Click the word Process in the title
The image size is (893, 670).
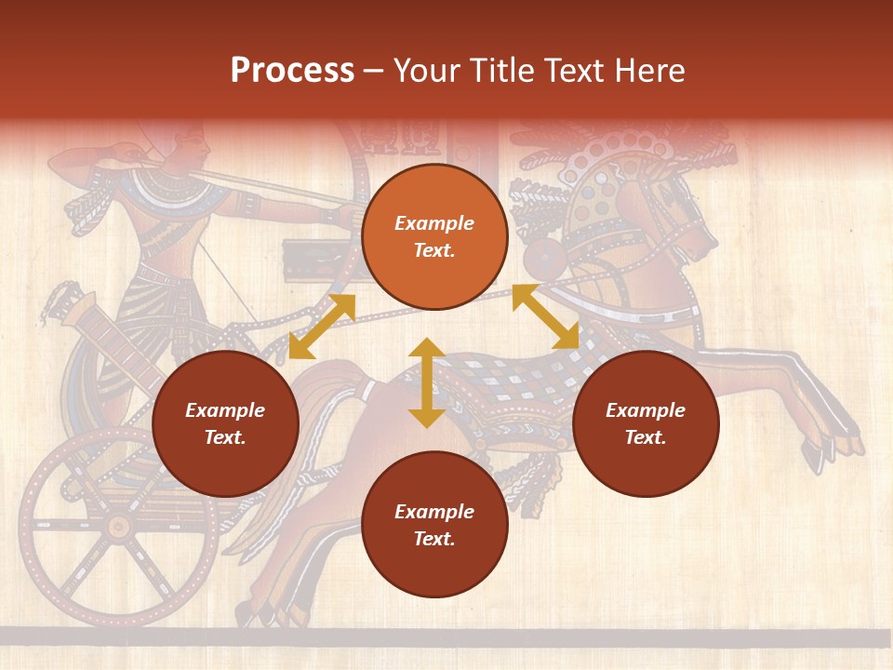[x=292, y=71]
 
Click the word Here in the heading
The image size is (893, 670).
[x=647, y=71]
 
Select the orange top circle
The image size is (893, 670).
[x=434, y=237]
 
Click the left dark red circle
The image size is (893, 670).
[x=225, y=423]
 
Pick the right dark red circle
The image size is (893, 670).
[x=646, y=423]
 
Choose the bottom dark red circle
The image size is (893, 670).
[x=434, y=525]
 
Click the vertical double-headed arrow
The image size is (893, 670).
[x=426, y=382]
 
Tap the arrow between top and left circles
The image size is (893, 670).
[x=322, y=327]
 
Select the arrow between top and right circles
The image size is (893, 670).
[x=546, y=316]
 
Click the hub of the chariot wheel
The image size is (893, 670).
[x=118, y=527]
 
